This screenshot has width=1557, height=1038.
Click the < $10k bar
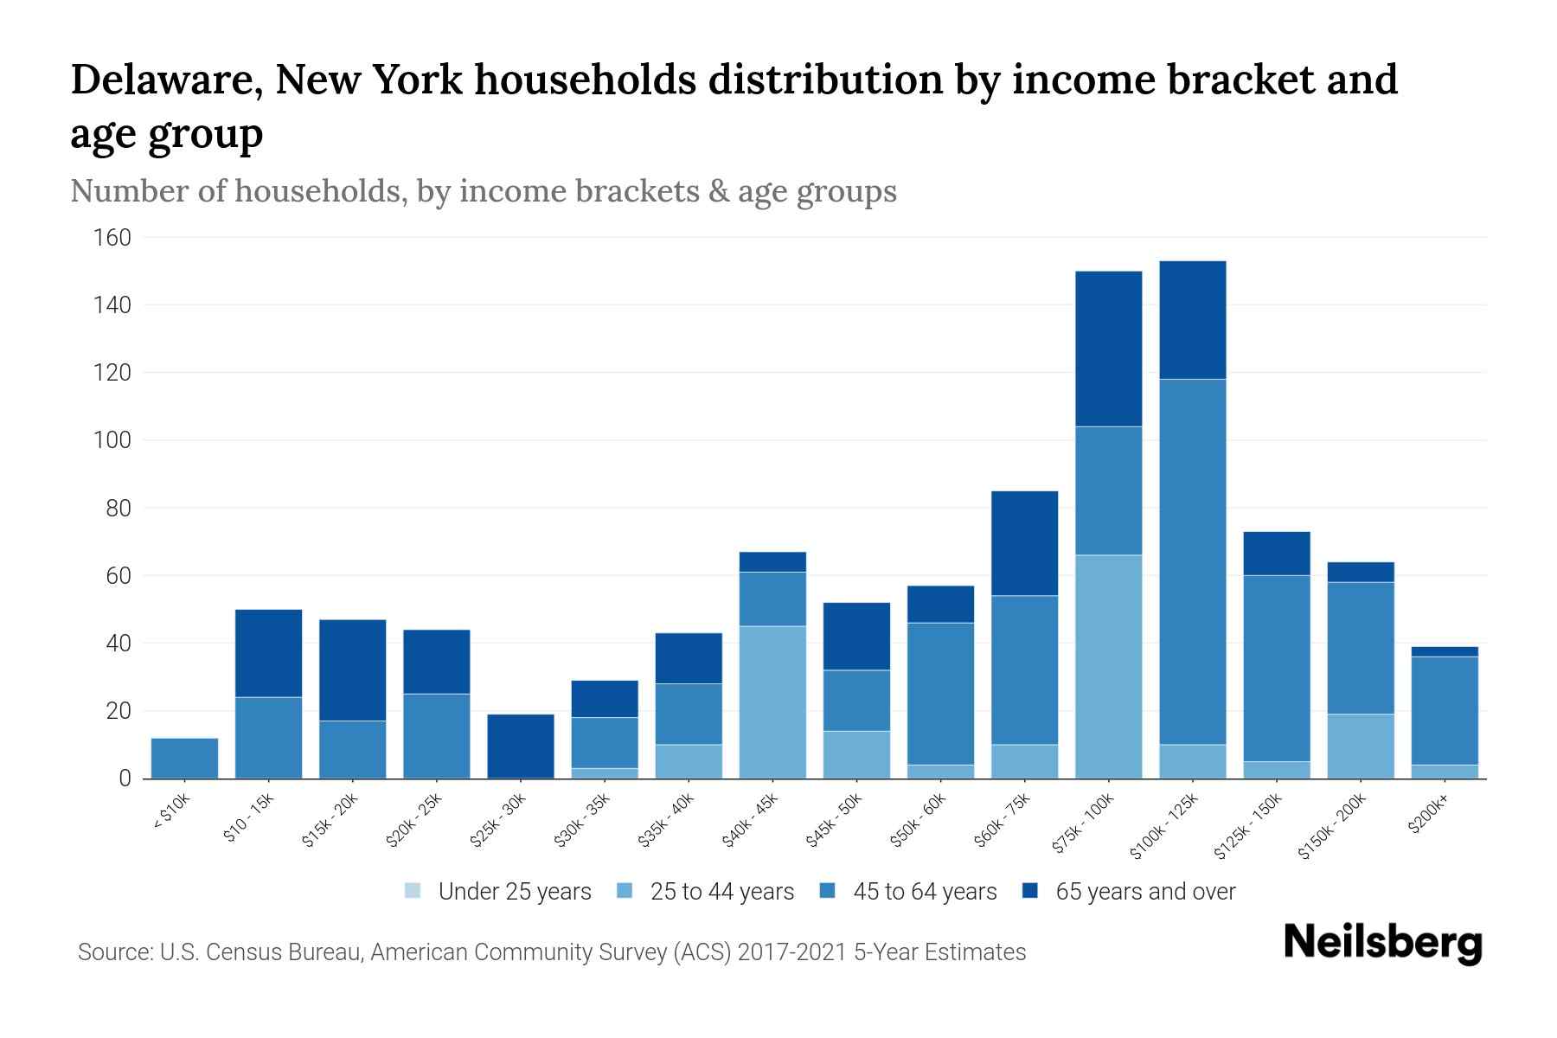pyautogui.click(x=184, y=758)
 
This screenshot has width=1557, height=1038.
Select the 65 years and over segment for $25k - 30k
pyautogui.click(x=521, y=746)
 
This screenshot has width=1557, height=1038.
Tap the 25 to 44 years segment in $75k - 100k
pyautogui.click(x=1108, y=666)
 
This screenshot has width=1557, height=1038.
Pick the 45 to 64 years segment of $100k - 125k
pyautogui.click(x=1192, y=561)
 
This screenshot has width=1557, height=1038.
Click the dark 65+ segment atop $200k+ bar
pyautogui.click(x=1445, y=651)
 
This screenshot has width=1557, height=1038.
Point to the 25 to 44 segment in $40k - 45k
pyautogui.click(x=772, y=702)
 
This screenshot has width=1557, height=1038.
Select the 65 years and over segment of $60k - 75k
pyautogui.click(x=1024, y=543)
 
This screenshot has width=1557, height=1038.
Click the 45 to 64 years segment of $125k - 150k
pyautogui.click(x=1276, y=668)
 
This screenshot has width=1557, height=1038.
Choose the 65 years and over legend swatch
pyautogui.click(x=1030, y=891)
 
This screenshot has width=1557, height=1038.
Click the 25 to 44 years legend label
pyautogui.click(x=721, y=891)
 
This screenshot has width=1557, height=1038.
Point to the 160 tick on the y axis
pyautogui.click(x=112, y=238)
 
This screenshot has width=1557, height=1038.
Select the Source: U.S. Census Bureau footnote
pyautogui.click(x=551, y=952)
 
